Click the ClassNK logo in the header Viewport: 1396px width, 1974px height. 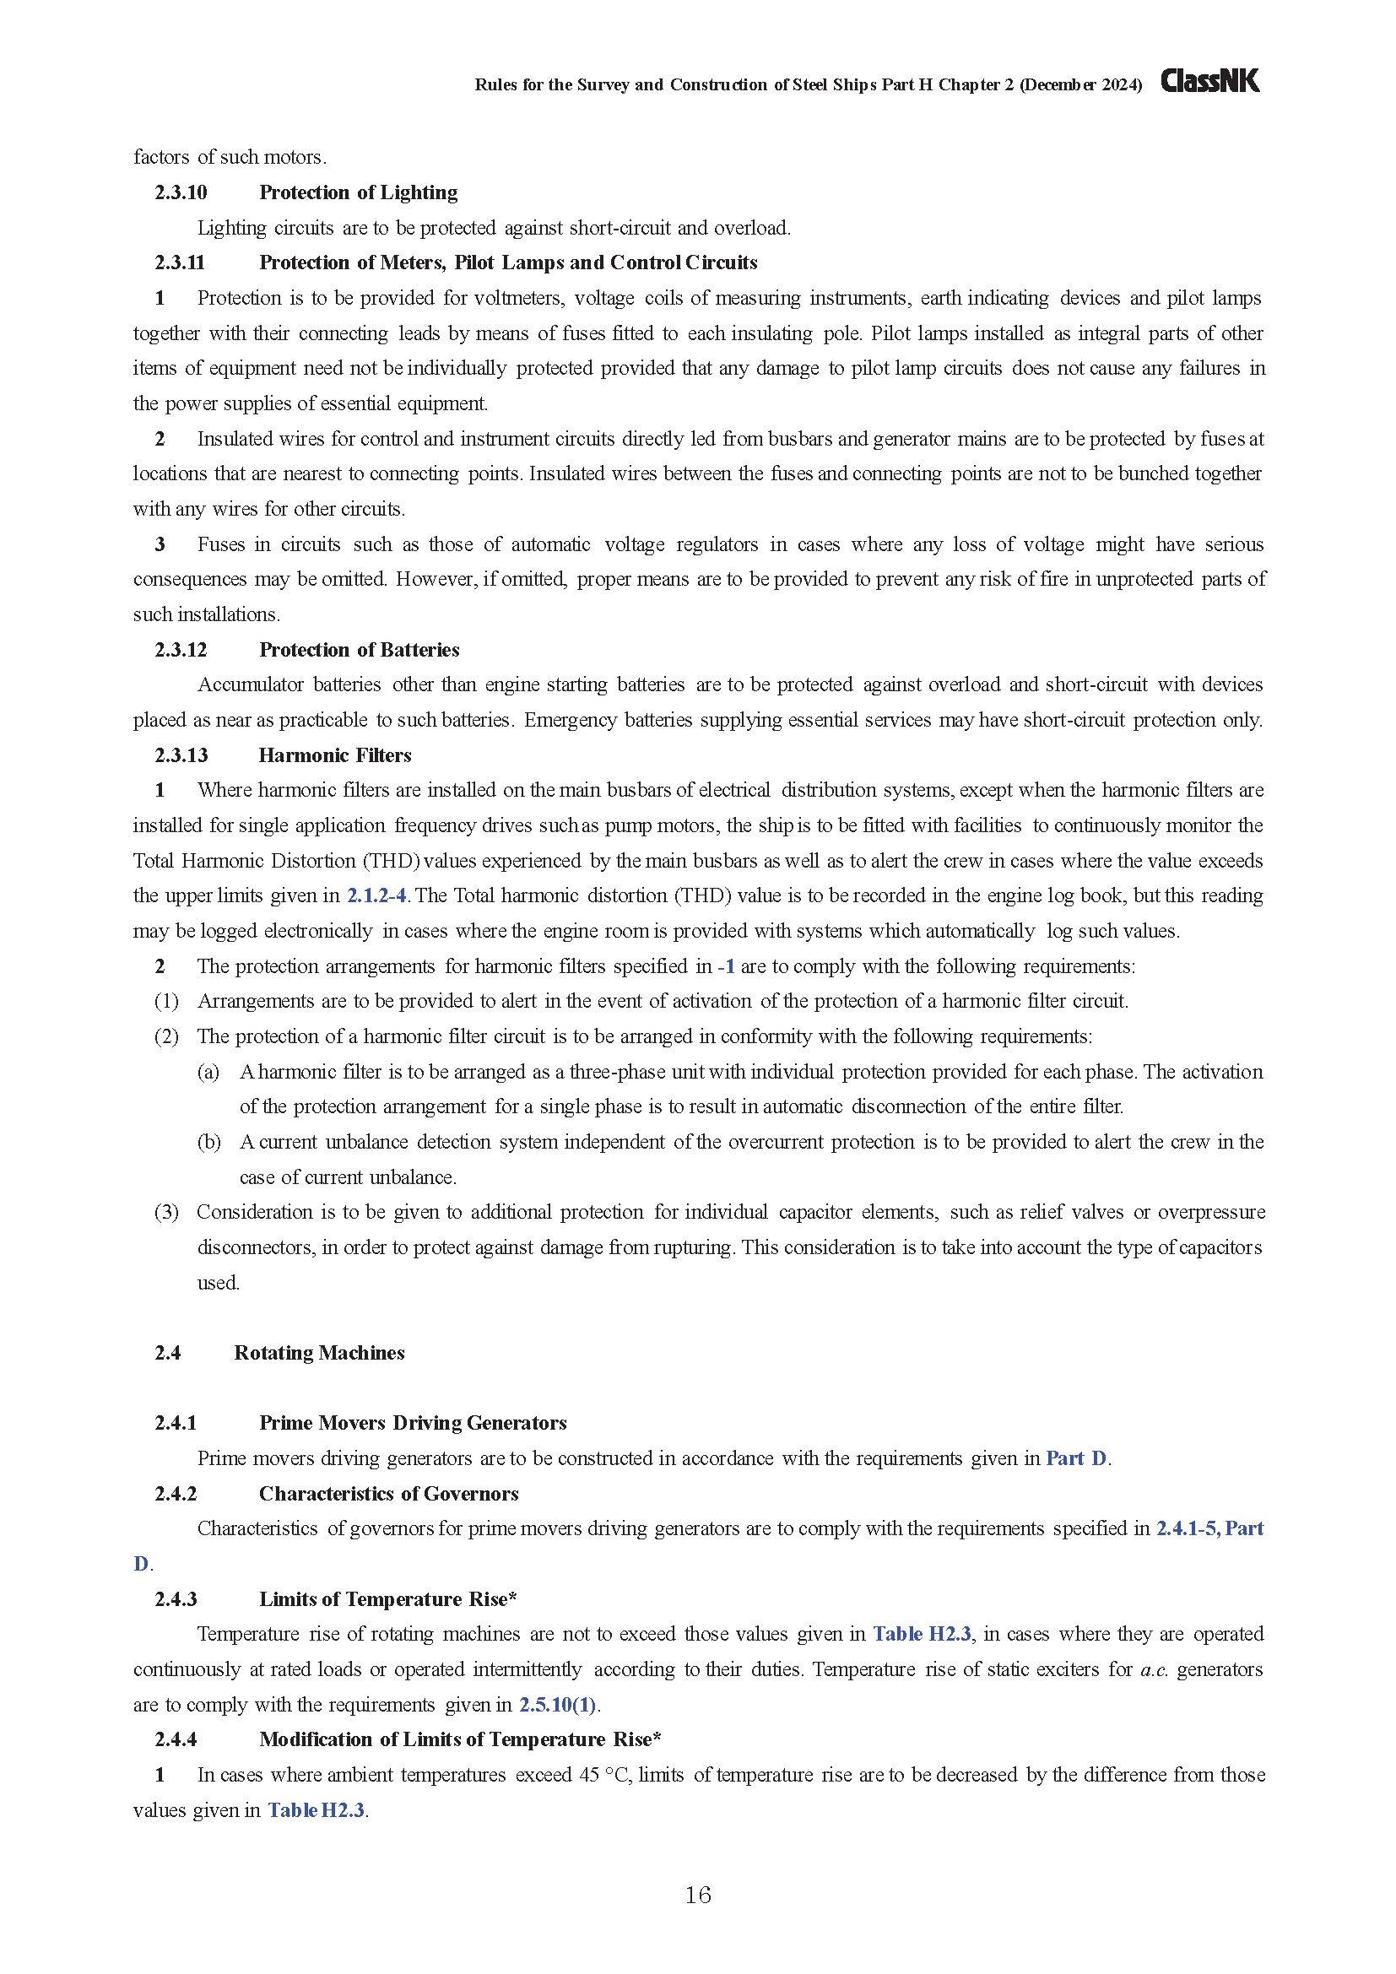pos(1209,81)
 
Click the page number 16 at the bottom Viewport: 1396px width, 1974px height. pos(697,1895)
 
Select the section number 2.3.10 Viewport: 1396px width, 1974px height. pos(181,192)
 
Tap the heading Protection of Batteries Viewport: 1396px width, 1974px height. pos(360,650)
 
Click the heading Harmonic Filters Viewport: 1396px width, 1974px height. pos(335,755)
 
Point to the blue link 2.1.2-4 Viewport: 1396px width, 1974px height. pos(376,896)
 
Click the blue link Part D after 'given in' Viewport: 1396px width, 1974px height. pos(1075,1459)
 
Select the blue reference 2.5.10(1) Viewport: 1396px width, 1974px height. pos(557,1705)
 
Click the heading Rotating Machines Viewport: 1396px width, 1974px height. pos(319,1353)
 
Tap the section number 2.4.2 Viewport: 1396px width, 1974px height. pos(176,1495)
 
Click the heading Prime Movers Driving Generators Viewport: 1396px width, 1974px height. pos(413,1424)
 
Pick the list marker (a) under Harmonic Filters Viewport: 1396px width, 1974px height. pos(208,1072)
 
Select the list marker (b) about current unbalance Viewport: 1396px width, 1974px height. pos(208,1143)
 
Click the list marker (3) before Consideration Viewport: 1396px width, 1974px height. pos(166,1212)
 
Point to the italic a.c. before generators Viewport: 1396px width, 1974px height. pos(1154,1669)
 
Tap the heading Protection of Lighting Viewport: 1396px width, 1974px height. pos(359,192)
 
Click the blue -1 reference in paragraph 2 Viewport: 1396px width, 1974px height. pos(726,966)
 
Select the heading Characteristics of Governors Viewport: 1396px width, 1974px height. pos(388,1495)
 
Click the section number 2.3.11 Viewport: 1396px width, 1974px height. pos(180,263)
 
